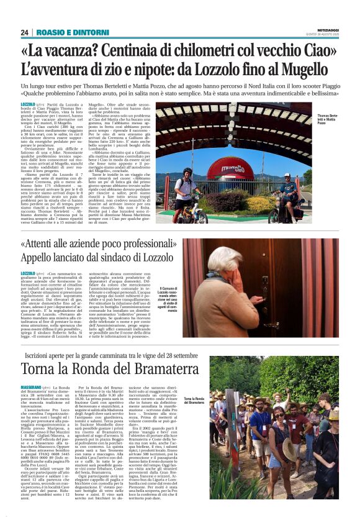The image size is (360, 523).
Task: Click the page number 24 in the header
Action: (x=25, y=32)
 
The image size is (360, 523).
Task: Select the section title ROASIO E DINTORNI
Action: (x=65, y=32)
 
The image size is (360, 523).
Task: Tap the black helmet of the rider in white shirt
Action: (x=187, y=170)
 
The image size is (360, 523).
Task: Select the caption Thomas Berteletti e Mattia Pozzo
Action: (x=328, y=119)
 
